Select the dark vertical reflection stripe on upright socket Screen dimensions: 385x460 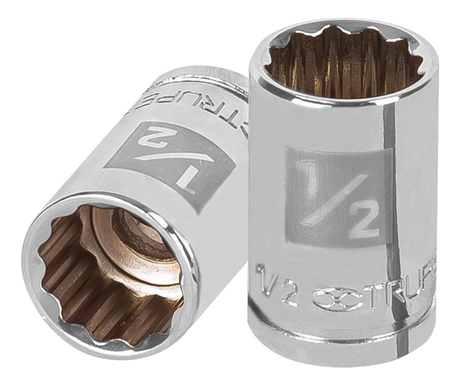click(390, 202)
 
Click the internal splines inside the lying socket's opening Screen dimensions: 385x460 click(72, 288)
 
